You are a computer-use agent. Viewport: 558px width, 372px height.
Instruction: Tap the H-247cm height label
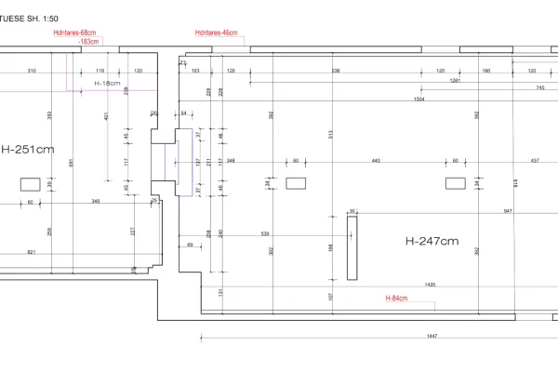point(432,241)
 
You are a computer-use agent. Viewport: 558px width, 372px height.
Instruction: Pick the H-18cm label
point(108,83)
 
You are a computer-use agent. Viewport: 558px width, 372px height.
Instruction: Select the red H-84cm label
point(397,299)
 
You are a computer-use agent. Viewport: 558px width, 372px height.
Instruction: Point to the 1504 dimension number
point(419,98)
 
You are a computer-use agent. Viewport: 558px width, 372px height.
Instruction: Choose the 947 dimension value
point(509,211)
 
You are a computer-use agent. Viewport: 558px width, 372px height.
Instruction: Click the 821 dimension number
point(32,252)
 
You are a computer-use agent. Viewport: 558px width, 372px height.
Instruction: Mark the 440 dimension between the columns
point(377,161)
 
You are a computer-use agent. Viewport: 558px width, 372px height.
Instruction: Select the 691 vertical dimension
point(71,163)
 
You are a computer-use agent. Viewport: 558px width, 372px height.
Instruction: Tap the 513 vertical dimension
point(331,134)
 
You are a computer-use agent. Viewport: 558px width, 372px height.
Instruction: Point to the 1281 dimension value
point(455,80)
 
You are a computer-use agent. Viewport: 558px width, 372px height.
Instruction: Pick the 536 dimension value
point(336,71)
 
